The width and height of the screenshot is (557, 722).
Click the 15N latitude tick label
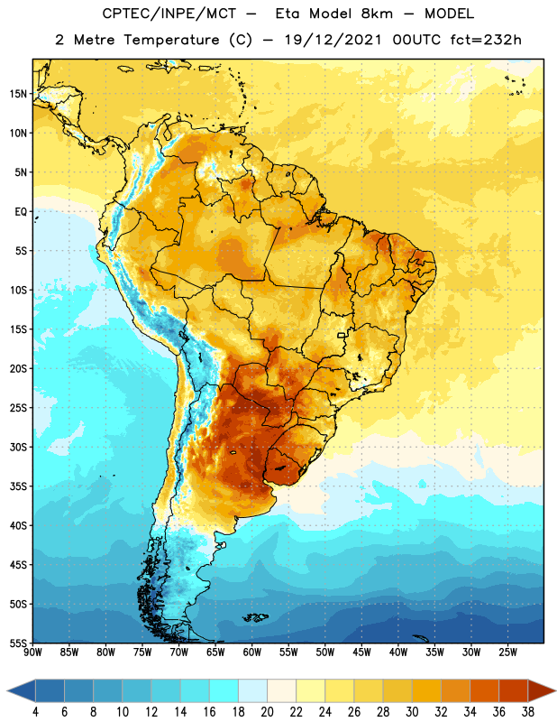(x=18, y=94)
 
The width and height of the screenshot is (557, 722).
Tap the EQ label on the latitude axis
(x=21, y=212)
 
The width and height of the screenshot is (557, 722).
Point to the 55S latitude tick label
(x=18, y=643)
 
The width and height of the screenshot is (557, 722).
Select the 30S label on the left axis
(x=18, y=447)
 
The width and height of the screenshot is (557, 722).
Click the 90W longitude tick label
(x=32, y=653)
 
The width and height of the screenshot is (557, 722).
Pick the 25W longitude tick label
(x=507, y=653)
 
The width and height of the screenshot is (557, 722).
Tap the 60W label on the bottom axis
(x=252, y=653)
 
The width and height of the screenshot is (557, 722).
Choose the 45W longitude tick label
(x=361, y=653)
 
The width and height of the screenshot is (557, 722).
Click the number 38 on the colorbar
(x=528, y=712)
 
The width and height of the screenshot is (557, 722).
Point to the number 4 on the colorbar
(x=35, y=712)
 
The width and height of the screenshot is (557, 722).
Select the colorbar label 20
(x=267, y=712)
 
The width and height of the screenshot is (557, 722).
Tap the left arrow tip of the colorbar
(x=7, y=690)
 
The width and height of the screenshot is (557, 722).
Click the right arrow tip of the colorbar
(x=555, y=690)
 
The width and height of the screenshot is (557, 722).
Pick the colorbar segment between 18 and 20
(x=252, y=690)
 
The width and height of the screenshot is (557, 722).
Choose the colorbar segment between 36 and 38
(x=514, y=690)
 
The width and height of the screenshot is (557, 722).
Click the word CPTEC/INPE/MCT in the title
(x=169, y=14)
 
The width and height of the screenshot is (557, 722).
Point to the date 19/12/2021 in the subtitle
(x=333, y=40)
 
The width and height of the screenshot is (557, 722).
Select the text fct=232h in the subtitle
(x=486, y=40)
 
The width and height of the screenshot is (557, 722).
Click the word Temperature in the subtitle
(x=171, y=41)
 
